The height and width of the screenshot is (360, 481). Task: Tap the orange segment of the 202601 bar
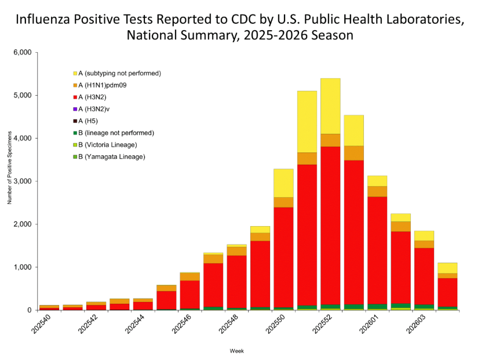pos(377,191)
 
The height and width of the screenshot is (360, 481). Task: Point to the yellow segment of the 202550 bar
pos(283,183)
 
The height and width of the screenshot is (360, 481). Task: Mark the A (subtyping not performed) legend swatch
pos(75,74)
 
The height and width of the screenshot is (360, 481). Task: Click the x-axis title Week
pos(236,351)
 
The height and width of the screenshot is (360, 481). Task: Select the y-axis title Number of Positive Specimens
pos(9,181)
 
